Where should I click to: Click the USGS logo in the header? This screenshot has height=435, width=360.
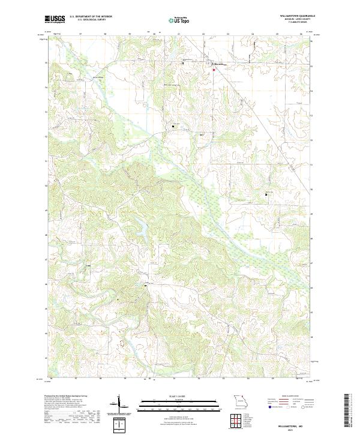click(55, 20)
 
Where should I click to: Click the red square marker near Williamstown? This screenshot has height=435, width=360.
click(212, 70)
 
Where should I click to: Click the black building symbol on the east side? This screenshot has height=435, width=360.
click(266, 194)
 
